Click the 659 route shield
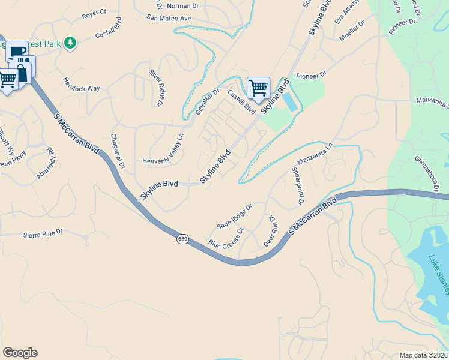[182, 239]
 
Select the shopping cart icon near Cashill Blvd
[258, 88]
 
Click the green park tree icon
[71, 43]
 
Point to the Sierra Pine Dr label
[43, 234]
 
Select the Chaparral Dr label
[117, 150]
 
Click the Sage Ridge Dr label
[234, 216]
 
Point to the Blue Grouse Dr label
[226, 238]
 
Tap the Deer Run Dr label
[271, 232]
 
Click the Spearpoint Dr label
[298, 187]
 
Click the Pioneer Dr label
[310, 76]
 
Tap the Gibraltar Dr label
[208, 103]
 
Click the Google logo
[20, 353]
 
